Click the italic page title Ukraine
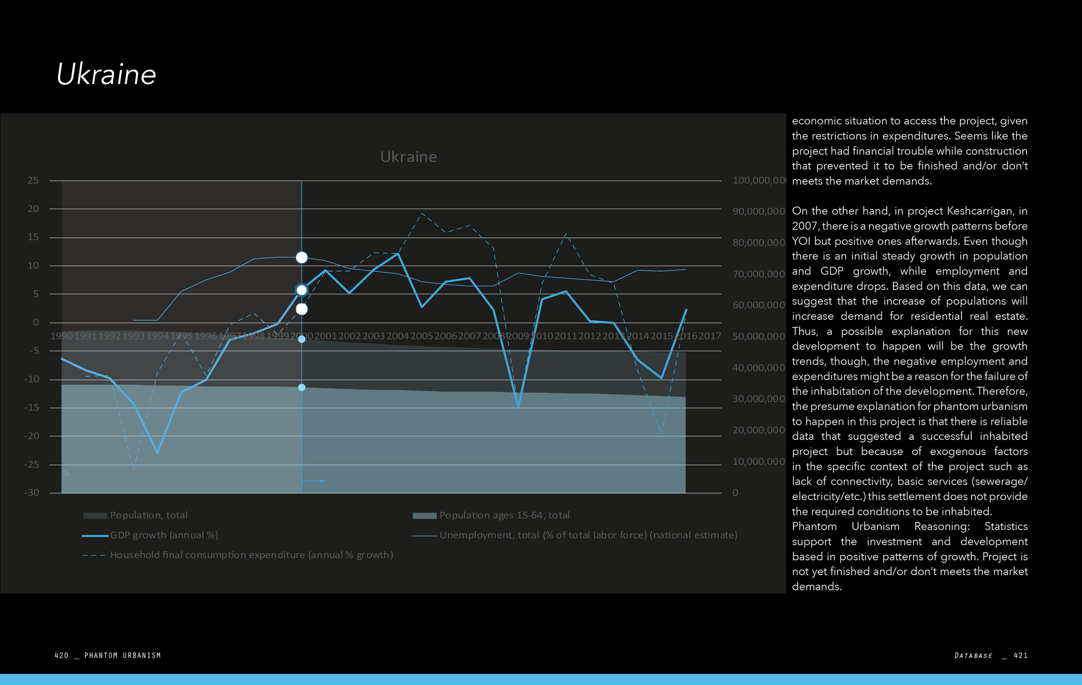click(106, 74)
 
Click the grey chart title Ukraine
click(408, 157)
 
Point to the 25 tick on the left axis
click(33, 180)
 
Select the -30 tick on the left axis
click(31, 493)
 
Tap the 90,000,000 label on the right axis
click(759, 211)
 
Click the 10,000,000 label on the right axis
click(759, 462)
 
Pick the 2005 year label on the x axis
click(421, 336)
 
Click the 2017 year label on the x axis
click(710, 336)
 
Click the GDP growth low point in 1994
click(157, 452)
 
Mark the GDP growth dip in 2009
click(518, 407)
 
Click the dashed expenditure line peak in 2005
click(421, 213)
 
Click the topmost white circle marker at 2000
click(301, 257)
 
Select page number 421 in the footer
click(1020, 655)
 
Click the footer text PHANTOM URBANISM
click(122, 655)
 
